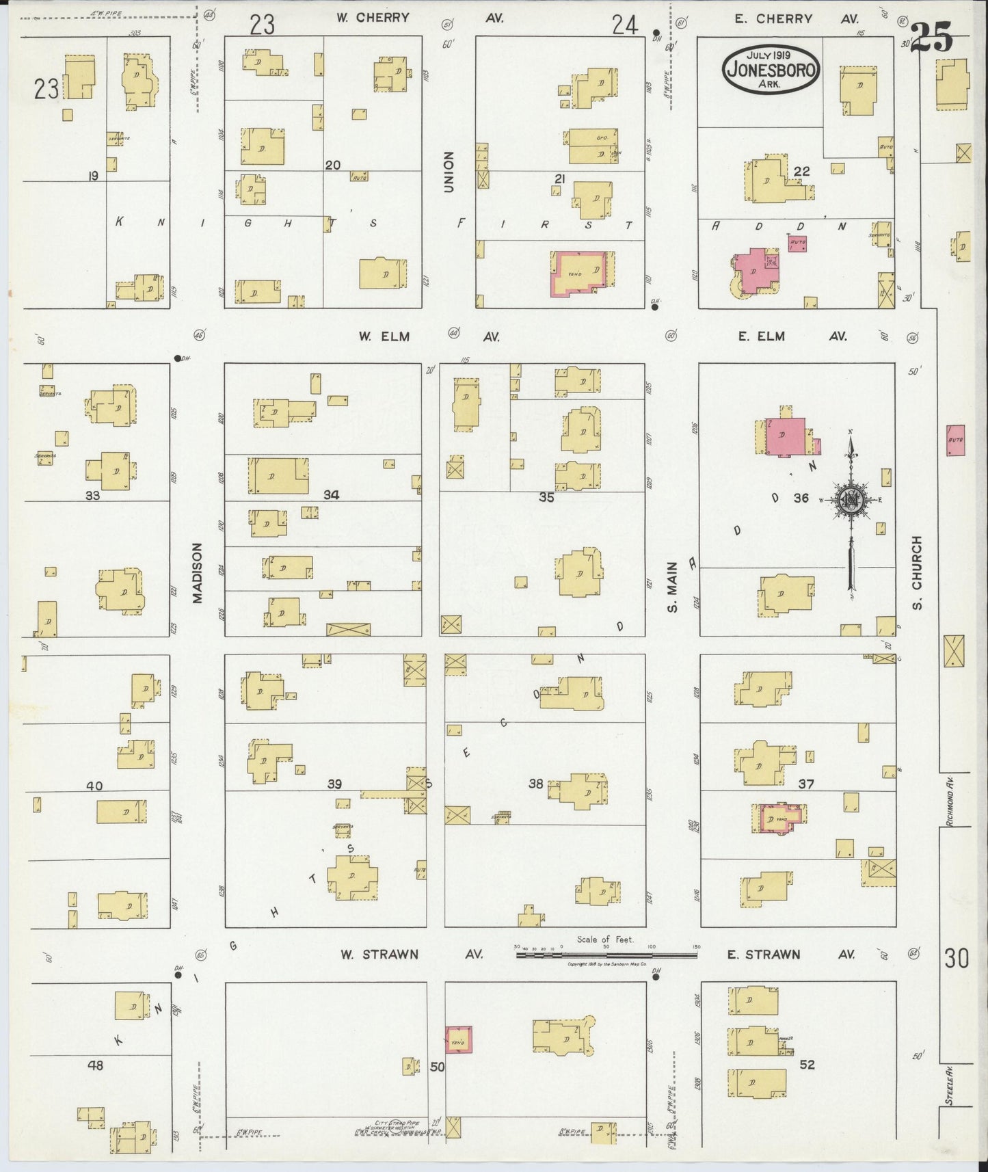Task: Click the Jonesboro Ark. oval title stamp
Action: coord(772,69)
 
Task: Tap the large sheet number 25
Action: coord(932,38)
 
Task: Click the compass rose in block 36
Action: coord(851,499)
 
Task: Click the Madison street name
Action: coord(198,573)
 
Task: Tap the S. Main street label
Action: coord(673,586)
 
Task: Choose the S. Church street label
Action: coord(917,572)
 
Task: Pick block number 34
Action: coord(331,494)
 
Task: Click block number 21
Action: coord(560,179)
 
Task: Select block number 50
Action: coord(437,1066)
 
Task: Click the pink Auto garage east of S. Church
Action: coord(955,441)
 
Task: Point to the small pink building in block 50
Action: coord(458,1039)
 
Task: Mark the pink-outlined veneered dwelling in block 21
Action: coord(580,274)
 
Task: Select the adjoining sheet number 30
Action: coord(957,959)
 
